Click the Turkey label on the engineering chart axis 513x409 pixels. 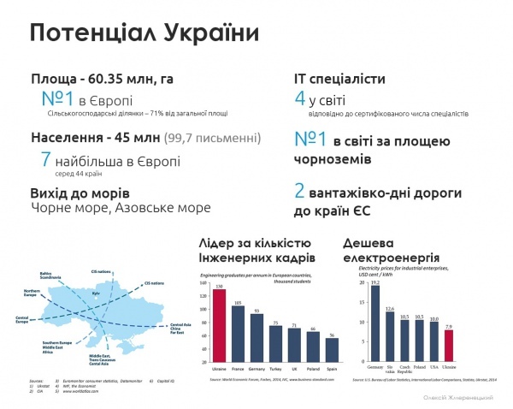click(275, 369)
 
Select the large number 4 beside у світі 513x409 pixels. click(299, 99)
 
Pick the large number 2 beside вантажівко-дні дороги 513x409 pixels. click(299, 190)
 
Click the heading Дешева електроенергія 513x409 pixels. click(391, 249)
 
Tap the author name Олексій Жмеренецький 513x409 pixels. click(464, 398)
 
